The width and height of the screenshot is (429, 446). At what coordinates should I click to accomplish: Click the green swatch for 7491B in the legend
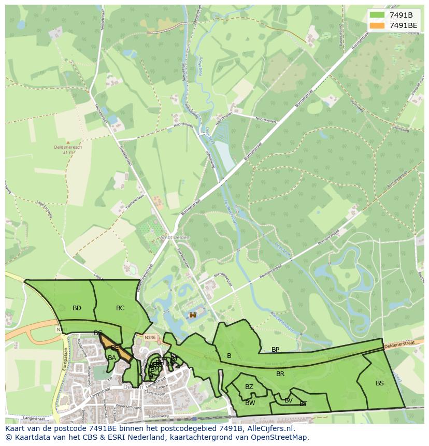pos(377,15)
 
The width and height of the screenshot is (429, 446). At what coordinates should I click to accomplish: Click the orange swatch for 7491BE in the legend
pos(377,25)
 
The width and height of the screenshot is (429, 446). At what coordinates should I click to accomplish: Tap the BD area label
pos(77,308)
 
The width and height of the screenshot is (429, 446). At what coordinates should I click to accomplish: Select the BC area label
pos(120,308)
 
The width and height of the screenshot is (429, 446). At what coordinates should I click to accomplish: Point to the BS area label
pos(380,383)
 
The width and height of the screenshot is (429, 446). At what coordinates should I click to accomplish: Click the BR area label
pos(280,373)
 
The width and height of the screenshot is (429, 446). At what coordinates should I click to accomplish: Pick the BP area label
pos(275,350)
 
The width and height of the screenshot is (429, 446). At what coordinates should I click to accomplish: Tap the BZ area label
pos(249,387)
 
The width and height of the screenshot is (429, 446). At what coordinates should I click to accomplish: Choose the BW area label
pos(250,403)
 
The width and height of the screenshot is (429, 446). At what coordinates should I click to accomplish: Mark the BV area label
pos(289,400)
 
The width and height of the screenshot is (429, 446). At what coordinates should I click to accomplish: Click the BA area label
pos(112,357)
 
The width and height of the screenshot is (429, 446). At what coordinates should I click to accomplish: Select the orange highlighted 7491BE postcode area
pos(118,349)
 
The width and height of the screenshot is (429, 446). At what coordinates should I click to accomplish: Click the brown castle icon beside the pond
pos(193,314)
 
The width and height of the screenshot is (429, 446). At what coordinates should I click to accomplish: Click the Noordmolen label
pos(183,125)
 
